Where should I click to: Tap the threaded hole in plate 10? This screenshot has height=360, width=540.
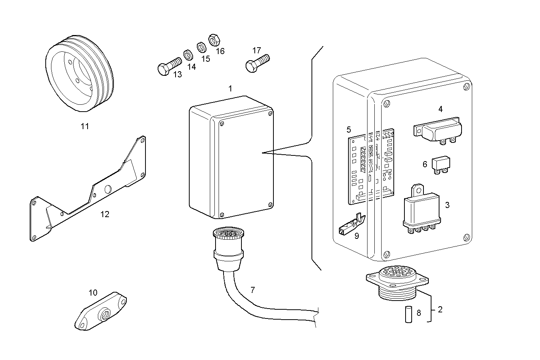point(104,315)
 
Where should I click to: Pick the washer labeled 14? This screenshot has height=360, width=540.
point(188,54)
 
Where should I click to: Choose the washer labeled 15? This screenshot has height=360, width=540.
point(201,47)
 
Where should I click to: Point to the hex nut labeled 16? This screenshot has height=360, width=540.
point(213,39)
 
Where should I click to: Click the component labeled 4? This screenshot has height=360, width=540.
point(438,131)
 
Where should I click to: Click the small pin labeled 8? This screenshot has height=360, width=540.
point(407,314)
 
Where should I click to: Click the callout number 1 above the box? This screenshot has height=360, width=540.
point(230,88)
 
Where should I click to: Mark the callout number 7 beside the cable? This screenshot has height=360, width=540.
point(252,290)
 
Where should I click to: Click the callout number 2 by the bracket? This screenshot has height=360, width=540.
point(440,309)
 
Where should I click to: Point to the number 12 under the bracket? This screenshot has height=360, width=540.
point(105,214)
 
